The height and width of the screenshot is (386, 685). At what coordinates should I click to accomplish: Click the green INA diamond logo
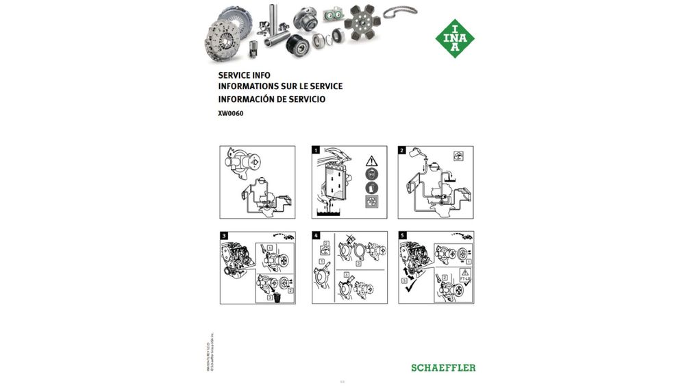click(x=455, y=38)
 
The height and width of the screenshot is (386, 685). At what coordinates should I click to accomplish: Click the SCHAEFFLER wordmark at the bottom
click(x=443, y=367)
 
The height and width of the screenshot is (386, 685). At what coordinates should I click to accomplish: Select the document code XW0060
click(x=231, y=114)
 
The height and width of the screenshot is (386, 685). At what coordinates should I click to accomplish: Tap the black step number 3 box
click(x=224, y=236)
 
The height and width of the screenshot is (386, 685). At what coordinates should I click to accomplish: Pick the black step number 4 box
click(x=316, y=236)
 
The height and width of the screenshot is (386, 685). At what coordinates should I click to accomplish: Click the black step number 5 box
click(x=402, y=236)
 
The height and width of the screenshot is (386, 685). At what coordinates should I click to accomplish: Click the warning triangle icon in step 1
click(x=372, y=159)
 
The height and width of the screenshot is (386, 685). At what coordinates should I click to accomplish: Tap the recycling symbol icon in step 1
click(x=372, y=202)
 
